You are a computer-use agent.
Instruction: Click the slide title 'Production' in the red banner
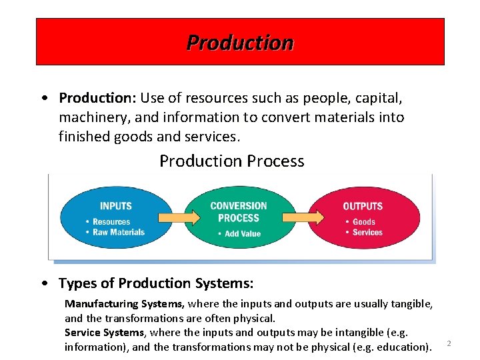click(239, 43)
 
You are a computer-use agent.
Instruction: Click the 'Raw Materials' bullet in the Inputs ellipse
click(118, 232)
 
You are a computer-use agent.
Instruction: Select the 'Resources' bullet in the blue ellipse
click(111, 222)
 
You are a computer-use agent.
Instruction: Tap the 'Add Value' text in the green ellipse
click(242, 234)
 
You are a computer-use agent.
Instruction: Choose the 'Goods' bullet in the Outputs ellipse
click(364, 222)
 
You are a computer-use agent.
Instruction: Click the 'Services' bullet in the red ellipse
click(367, 233)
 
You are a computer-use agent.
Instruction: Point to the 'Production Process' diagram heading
click(231, 161)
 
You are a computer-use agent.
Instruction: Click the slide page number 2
click(449, 343)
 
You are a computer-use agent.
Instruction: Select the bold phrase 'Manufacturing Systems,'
click(125, 304)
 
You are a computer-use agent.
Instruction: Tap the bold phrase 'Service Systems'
click(104, 332)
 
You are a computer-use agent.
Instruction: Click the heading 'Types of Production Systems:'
click(156, 283)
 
